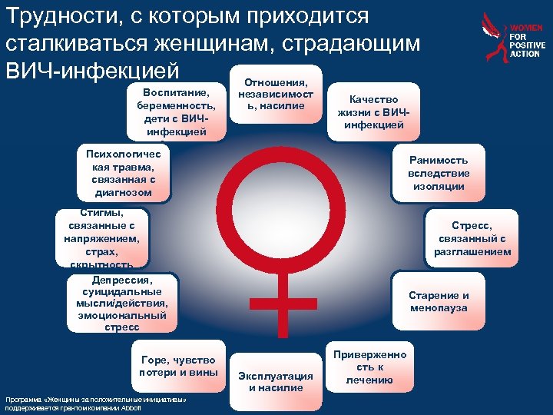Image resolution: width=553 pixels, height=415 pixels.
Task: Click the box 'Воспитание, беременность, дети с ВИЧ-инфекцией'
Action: click(174, 112)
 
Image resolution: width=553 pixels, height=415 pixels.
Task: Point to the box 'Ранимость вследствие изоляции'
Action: click(438, 173)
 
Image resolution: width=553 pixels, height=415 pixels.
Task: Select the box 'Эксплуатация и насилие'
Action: click(276, 381)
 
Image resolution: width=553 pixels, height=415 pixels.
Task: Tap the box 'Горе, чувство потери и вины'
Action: click(178, 367)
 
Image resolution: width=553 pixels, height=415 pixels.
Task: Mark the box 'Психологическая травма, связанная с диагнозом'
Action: click(119, 174)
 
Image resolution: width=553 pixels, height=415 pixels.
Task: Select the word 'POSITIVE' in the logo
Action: click(527, 46)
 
